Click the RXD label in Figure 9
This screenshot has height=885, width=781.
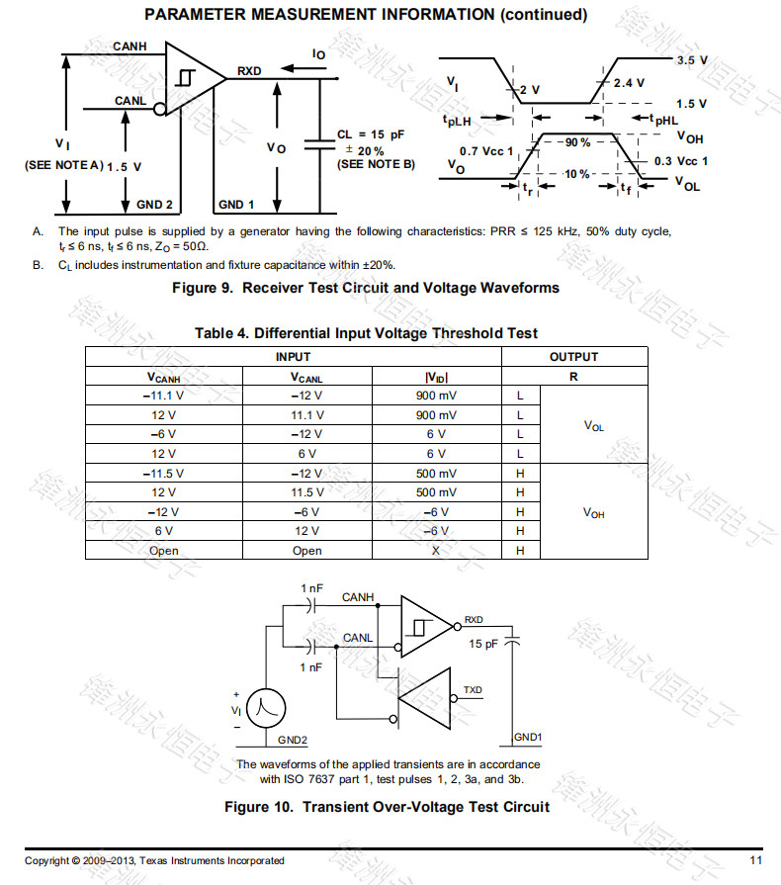(249, 71)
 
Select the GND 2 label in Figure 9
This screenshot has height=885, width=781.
(155, 205)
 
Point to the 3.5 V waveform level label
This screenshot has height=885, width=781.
(691, 60)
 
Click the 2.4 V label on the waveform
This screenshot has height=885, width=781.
(628, 83)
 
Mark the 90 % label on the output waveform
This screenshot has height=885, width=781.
(577, 142)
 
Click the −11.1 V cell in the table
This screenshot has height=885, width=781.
(163, 396)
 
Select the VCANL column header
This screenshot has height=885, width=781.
(306, 377)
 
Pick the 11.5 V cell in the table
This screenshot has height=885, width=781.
(306, 492)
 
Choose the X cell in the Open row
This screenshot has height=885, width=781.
(436, 550)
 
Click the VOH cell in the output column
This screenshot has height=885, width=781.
(593, 512)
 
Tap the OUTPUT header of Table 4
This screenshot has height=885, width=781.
(573, 357)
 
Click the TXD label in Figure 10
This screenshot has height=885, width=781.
(474, 689)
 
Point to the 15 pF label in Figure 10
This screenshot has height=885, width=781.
(483, 644)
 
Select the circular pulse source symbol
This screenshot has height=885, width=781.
(265, 707)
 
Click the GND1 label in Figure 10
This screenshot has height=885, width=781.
(529, 738)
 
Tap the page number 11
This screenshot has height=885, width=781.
(755, 860)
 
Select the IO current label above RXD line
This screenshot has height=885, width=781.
(318, 54)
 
